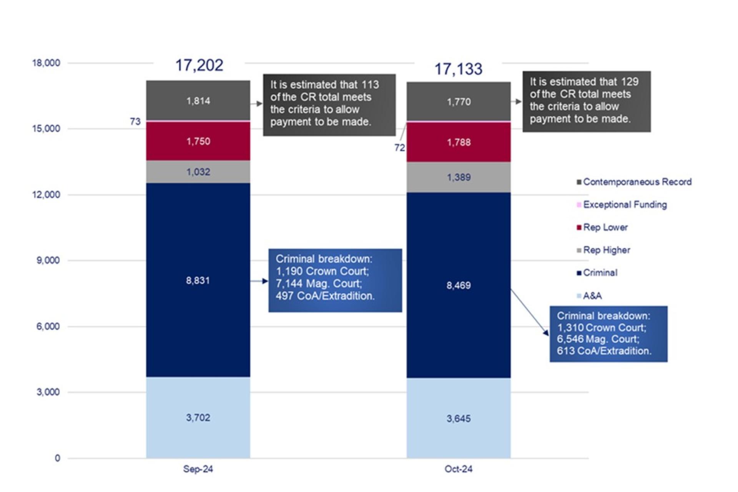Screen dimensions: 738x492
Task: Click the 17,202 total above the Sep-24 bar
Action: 199,65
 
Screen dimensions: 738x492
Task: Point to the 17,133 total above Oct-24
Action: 458,69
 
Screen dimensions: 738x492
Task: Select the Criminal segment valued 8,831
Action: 198,280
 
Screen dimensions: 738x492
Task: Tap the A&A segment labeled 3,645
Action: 459,418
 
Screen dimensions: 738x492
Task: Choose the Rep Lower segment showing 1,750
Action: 198,141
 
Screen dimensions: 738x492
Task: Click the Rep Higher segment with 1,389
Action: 459,177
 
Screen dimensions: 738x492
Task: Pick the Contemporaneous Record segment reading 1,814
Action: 198,101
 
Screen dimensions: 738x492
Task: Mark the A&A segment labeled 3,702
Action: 198,417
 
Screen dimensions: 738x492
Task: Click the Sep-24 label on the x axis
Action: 198,469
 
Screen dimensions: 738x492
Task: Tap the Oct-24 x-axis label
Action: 459,469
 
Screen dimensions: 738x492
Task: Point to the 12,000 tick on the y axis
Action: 46,194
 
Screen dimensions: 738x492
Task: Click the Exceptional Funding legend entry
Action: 622,204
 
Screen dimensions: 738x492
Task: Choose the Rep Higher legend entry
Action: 603,250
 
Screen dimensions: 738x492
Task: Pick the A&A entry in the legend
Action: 589,296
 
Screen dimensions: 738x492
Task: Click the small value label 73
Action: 135,121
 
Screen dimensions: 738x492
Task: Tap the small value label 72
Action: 400,148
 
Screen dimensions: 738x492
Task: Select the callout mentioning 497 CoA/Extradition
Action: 335,280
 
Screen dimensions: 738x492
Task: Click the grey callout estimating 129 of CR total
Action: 587,101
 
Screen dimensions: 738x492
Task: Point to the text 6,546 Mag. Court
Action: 598,339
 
